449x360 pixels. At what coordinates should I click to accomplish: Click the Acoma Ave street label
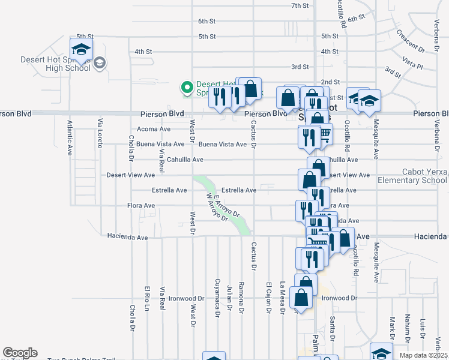[x=154, y=129]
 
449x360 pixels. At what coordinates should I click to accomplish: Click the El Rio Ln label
[x=146, y=301]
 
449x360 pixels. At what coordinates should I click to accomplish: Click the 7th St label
[x=300, y=5]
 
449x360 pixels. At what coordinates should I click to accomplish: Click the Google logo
[x=20, y=353]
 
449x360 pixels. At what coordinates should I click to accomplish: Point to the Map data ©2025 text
[x=423, y=355]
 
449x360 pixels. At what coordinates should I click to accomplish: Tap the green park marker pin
[x=187, y=88]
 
